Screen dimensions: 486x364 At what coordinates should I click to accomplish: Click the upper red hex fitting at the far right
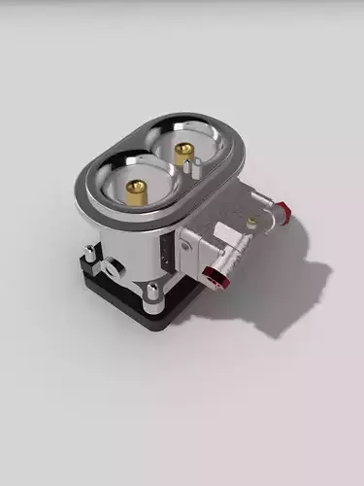[x=281, y=209]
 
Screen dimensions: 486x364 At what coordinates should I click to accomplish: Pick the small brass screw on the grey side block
[x=251, y=224]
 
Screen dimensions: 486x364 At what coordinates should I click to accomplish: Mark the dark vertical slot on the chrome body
[x=173, y=255]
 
